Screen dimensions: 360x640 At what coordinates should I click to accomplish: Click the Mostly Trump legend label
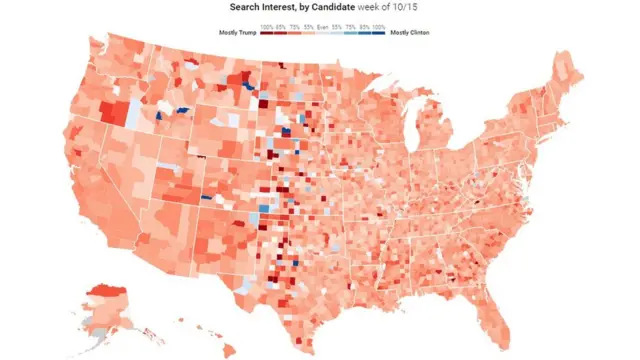(237, 33)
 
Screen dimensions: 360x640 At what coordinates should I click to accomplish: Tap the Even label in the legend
(323, 25)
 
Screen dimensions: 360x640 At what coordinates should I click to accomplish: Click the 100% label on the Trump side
(267, 25)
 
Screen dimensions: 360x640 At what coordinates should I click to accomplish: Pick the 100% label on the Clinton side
(379, 25)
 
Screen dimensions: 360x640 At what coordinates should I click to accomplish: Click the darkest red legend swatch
(266, 33)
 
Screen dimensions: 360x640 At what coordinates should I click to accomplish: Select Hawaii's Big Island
(228, 349)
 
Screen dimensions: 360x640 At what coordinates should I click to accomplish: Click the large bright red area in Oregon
(112, 111)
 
